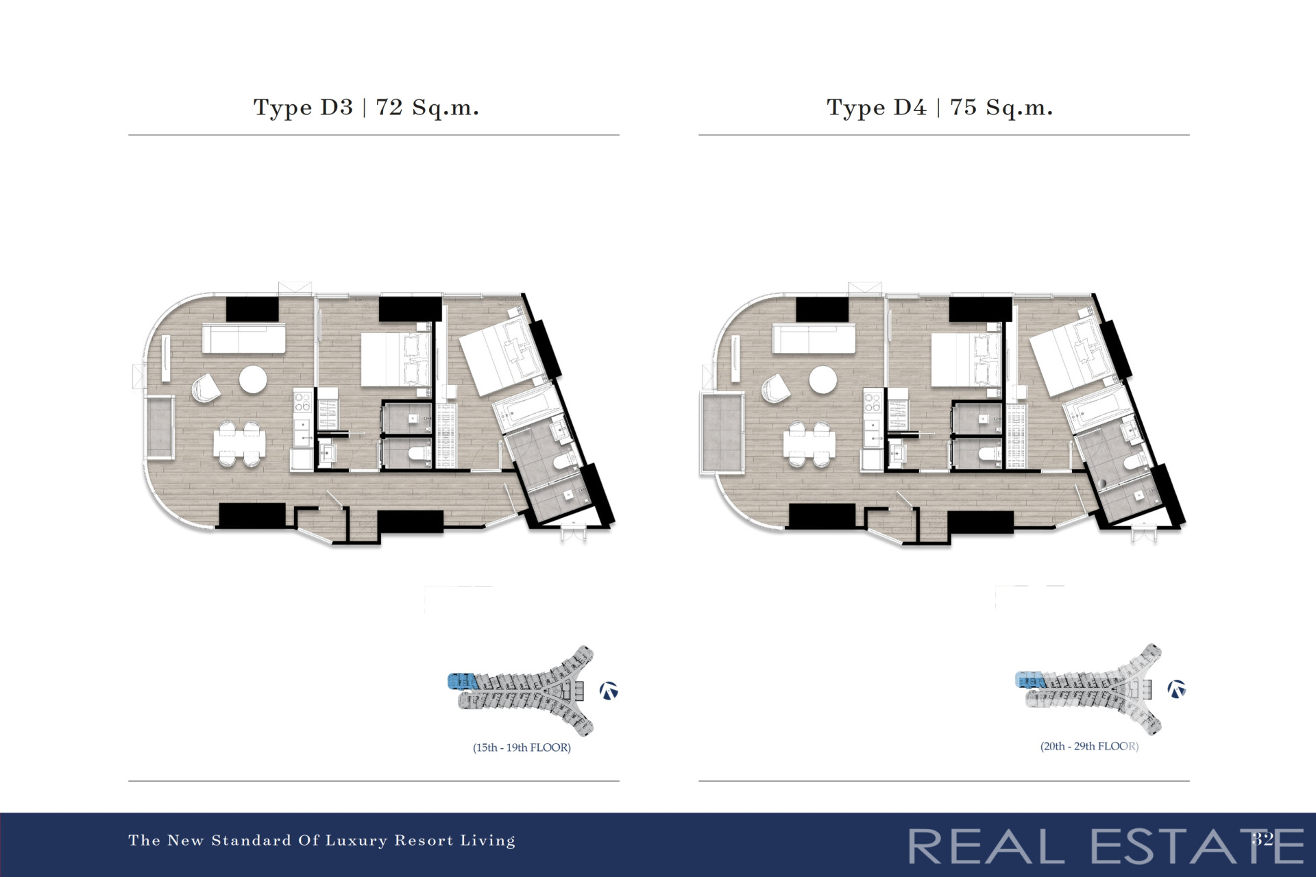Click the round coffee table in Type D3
click(253, 380)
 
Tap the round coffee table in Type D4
click(823, 380)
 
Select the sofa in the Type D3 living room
click(243, 339)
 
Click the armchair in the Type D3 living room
click(206, 388)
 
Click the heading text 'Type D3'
click(303, 108)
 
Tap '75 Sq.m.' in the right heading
click(1001, 108)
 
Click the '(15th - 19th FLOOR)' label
click(522, 748)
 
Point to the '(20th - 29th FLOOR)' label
click(1089, 746)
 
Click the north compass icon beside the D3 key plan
click(609, 691)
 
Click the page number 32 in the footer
click(1263, 839)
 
